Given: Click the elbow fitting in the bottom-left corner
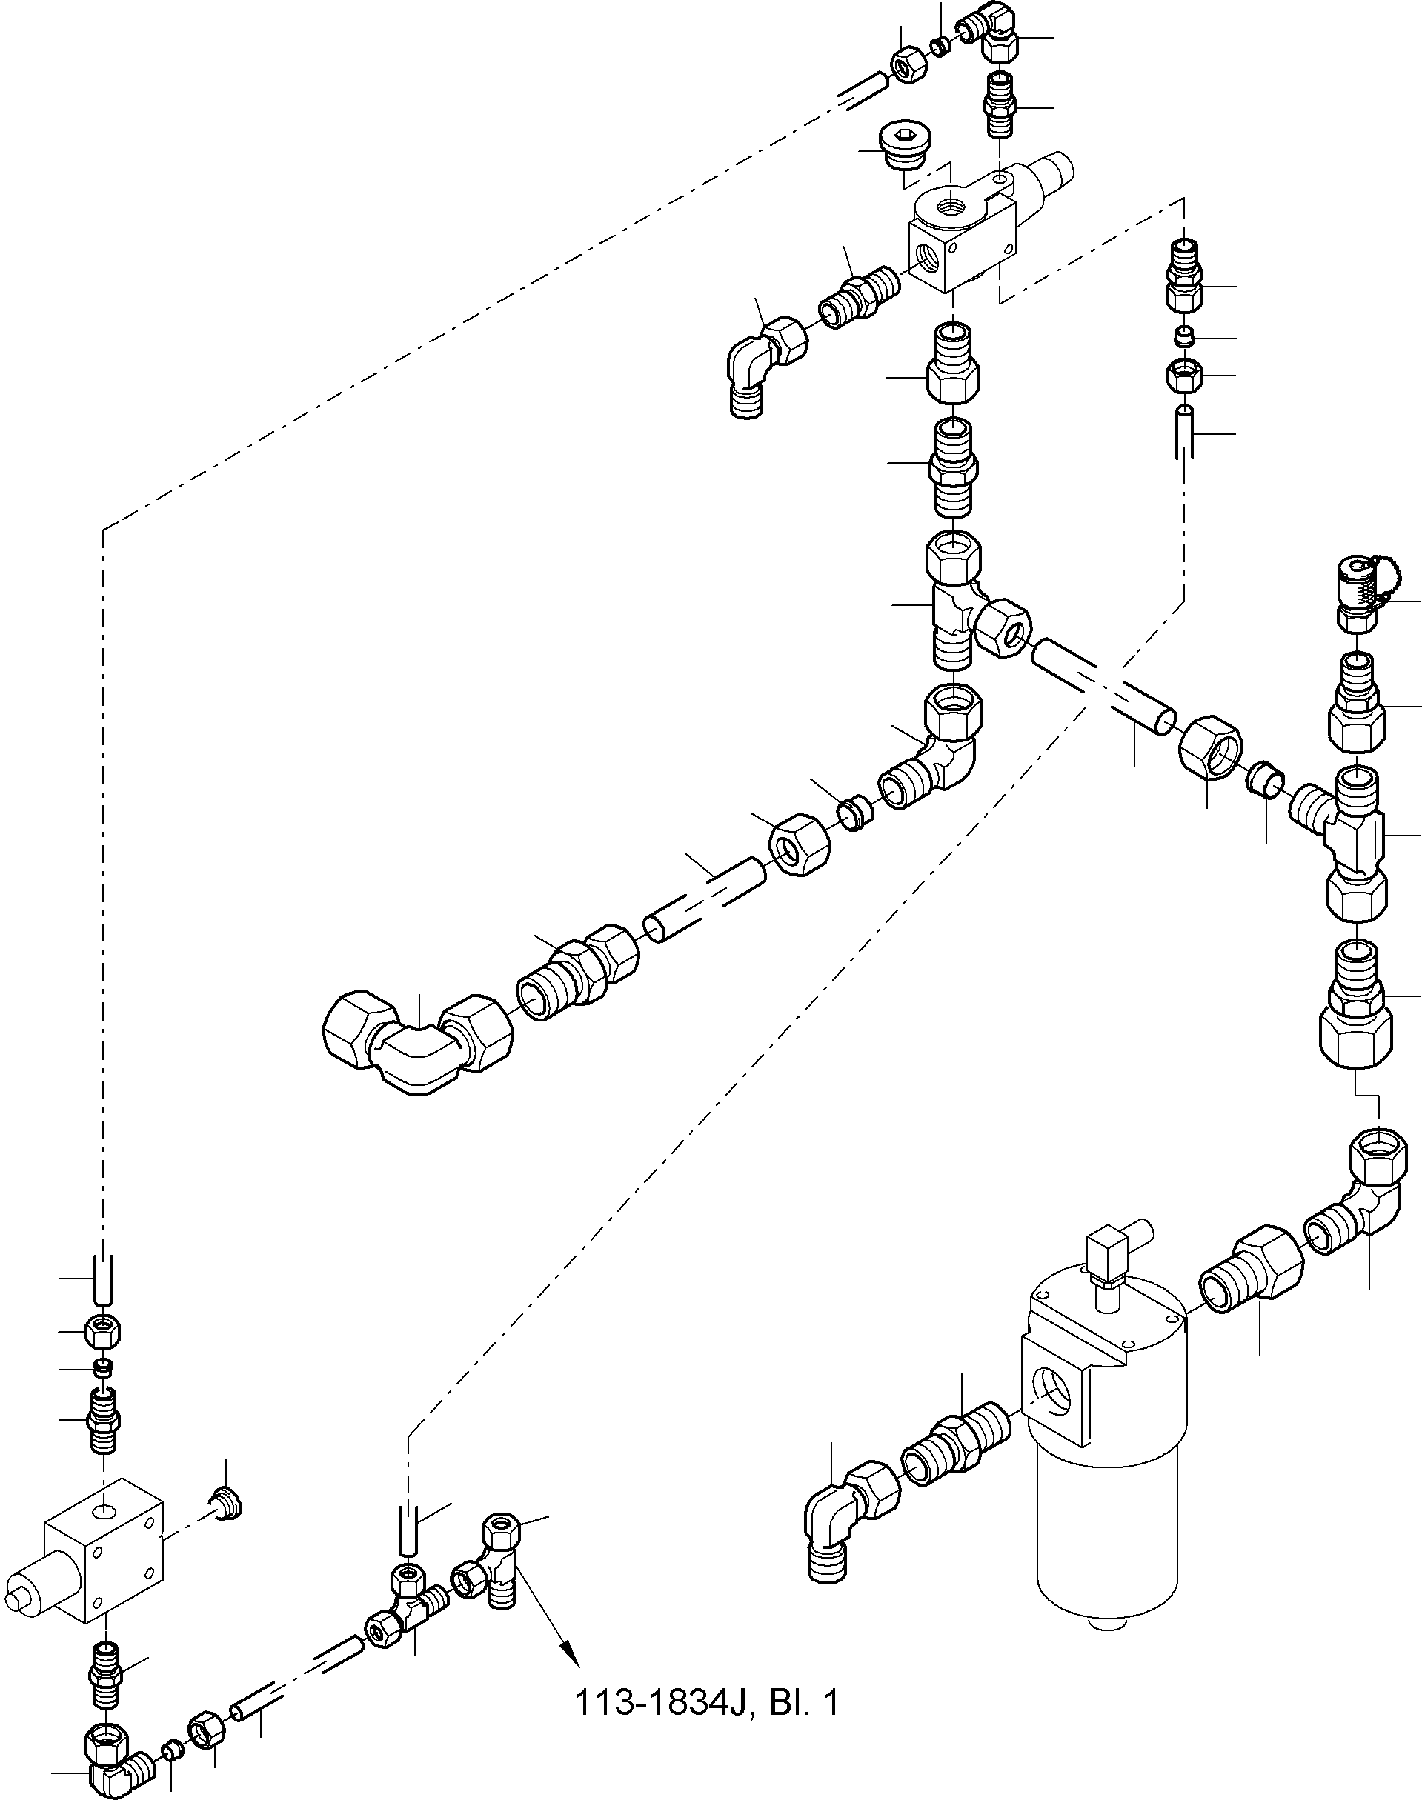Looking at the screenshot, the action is [x=119, y=1760].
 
